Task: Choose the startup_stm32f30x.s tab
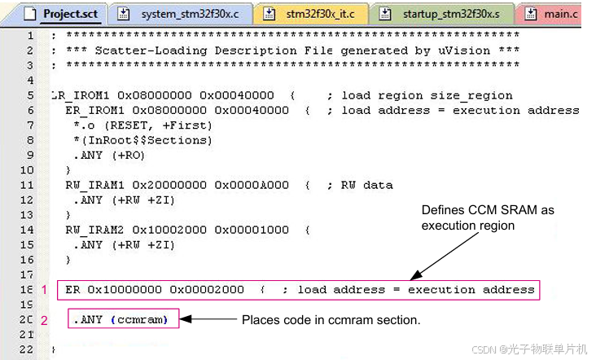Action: click(x=452, y=14)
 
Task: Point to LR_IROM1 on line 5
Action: click(x=78, y=95)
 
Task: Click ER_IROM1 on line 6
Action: click(x=93, y=110)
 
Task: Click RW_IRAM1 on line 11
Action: click(x=93, y=185)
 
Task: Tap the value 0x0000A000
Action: click(x=252, y=185)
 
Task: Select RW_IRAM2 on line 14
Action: click(x=93, y=230)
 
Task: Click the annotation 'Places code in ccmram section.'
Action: click(x=331, y=320)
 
